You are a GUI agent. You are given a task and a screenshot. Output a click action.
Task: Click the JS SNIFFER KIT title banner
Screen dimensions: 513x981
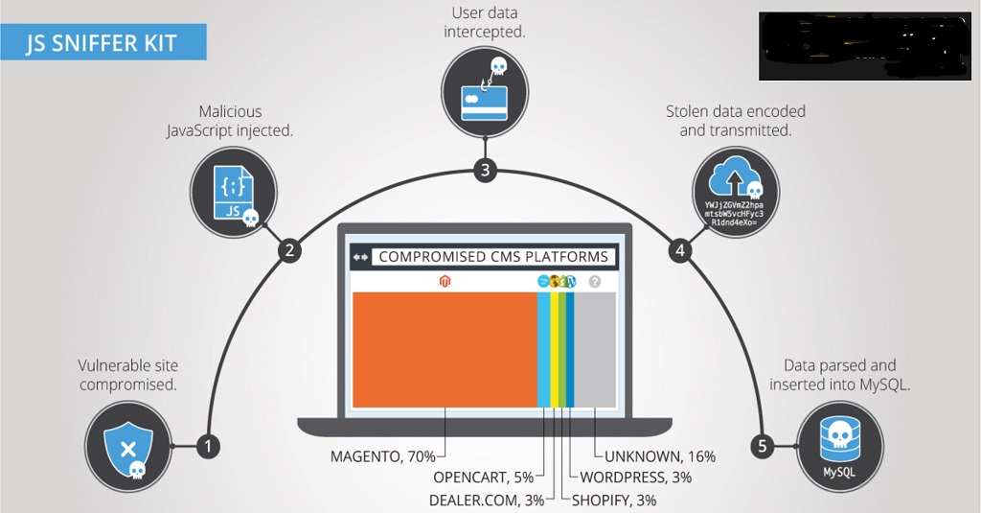click(x=102, y=42)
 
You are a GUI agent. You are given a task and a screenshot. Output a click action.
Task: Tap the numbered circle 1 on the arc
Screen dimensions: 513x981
click(x=208, y=446)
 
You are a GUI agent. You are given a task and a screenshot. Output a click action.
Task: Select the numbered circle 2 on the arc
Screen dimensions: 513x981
click(x=290, y=251)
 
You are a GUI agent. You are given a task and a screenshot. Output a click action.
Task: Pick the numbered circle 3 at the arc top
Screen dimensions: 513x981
click(x=487, y=172)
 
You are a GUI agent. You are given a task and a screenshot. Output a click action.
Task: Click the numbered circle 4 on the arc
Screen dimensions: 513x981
click(x=681, y=251)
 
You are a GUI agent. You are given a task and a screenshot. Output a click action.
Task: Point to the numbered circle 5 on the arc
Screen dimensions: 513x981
click(x=763, y=446)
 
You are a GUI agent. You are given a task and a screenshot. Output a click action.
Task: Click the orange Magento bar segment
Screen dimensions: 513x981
click(x=445, y=350)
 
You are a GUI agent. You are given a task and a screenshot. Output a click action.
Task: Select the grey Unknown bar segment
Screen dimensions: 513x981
click(x=595, y=350)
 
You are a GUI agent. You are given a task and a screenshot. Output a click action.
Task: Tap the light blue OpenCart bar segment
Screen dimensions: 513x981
click(x=544, y=350)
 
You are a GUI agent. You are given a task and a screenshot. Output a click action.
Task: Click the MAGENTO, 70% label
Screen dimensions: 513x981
click(x=382, y=456)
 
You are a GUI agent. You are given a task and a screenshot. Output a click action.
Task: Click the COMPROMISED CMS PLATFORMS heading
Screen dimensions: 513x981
click(x=492, y=257)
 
